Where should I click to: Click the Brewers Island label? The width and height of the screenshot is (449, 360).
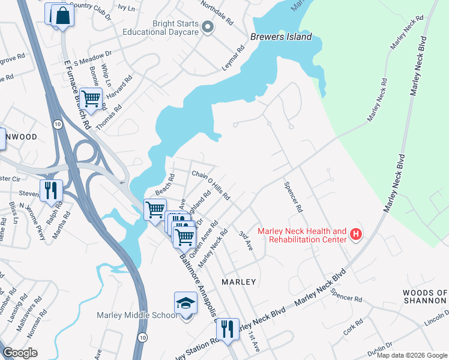click(x=281, y=37)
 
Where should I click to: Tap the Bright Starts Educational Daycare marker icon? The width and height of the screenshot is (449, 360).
click(x=207, y=27)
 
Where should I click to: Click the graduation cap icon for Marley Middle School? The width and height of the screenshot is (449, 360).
click(x=185, y=304)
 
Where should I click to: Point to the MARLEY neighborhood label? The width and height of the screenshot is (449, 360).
click(x=239, y=281)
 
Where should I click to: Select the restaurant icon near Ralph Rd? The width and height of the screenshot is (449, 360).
click(x=51, y=190)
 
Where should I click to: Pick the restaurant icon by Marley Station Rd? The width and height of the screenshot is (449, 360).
click(x=228, y=329)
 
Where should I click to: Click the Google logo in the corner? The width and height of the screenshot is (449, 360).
click(x=20, y=353)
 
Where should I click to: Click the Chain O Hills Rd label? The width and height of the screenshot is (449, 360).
click(x=211, y=185)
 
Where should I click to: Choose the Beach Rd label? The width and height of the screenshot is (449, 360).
click(x=164, y=185)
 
